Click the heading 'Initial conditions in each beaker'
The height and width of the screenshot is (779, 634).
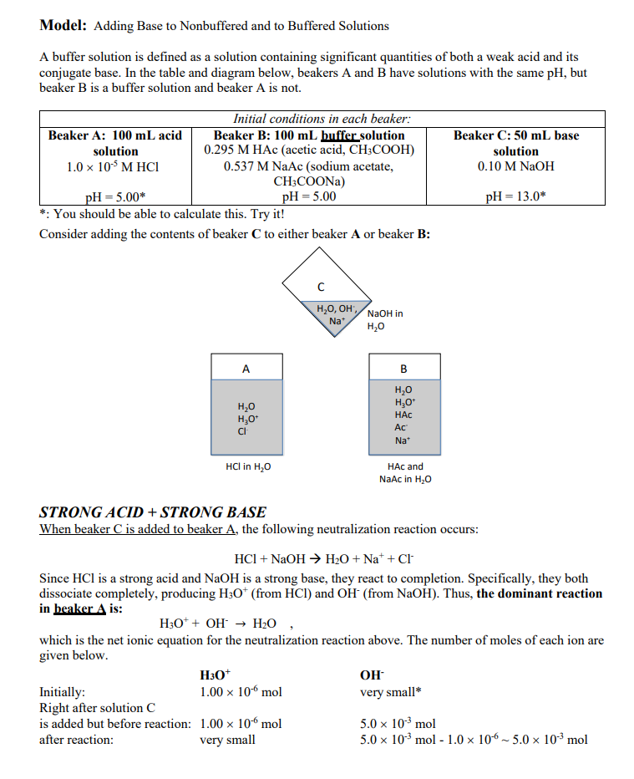click(322, 120)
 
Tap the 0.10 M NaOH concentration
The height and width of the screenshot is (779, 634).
click(515, 166)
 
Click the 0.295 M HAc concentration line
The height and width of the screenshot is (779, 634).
click(309, 150)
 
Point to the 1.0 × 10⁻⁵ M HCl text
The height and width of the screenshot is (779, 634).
click(113, 166)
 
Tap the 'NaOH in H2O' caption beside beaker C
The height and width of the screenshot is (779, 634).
click(384, 319)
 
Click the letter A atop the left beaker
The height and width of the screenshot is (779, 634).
click(246, 367)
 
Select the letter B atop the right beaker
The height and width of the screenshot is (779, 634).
click(404, 367)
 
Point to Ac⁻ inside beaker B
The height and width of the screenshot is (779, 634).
click(403, 426)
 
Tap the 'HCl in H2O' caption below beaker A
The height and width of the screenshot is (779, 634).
click(248, 466)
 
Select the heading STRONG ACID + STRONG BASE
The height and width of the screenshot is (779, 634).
click(153, 512)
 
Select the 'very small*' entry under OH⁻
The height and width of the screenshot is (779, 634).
click(390, 692)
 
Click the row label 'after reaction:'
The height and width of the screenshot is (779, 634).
click(77, 740)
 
